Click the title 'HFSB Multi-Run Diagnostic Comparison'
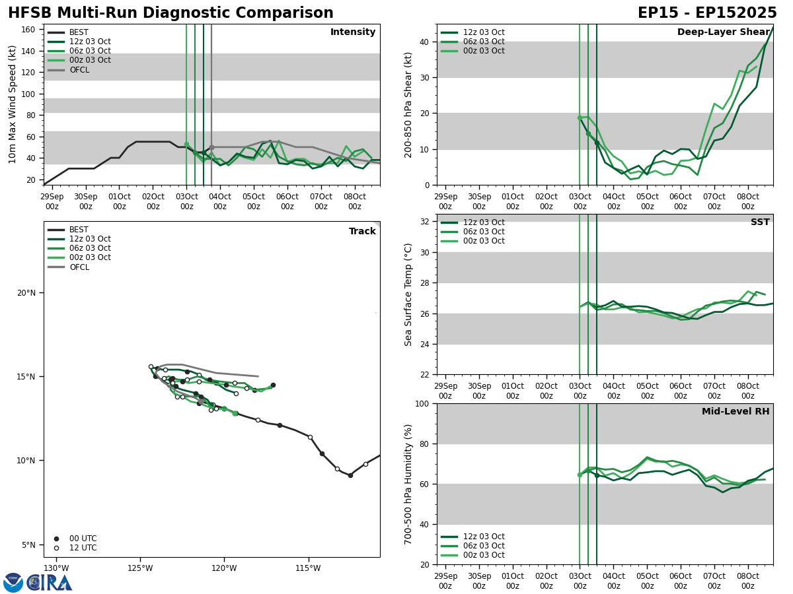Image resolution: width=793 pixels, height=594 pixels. click(170, 13)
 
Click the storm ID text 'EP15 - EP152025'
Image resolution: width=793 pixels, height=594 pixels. click(707, 13)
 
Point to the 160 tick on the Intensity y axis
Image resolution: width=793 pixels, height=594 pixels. click(28, 30)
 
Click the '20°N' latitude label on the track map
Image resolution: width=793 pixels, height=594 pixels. click(26, 293)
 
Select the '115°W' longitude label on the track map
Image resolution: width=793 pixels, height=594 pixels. click(308, 568)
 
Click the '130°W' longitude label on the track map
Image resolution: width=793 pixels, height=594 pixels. click(56, 568)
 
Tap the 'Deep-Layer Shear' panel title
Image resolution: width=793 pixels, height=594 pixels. click(723, 32)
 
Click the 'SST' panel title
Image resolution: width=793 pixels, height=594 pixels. click(760, 222)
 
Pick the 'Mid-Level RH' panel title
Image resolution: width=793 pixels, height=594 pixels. click(736, 412)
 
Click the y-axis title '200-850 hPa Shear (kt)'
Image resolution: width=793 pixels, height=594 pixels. click(409, 104)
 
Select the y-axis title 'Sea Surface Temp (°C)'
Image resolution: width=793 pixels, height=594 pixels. click(409, 294)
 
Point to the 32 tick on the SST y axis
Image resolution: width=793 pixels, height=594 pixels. click(425, 222)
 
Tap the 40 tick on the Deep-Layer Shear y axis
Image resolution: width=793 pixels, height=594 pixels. click(425, 42)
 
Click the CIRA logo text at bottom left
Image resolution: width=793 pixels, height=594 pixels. click(50, 583)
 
